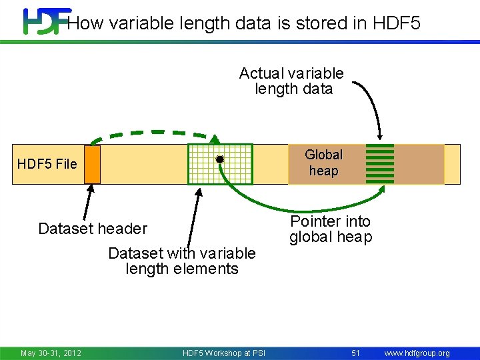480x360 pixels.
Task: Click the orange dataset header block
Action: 92,165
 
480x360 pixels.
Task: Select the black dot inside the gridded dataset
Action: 219,159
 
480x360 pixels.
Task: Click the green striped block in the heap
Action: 380,163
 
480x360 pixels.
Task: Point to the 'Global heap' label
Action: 323,163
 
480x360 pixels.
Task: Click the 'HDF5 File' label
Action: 47,164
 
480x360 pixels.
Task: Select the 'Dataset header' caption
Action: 92,229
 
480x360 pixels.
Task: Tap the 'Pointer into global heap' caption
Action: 331,229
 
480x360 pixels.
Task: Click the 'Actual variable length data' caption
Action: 292,81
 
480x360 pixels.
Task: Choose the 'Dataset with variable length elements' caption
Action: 181,261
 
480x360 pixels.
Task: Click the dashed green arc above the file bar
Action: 153,133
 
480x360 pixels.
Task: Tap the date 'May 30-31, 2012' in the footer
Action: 51,353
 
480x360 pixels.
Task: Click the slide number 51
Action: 355,353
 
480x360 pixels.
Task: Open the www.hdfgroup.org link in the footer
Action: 417,353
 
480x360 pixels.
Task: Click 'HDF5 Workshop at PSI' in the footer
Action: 223,353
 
